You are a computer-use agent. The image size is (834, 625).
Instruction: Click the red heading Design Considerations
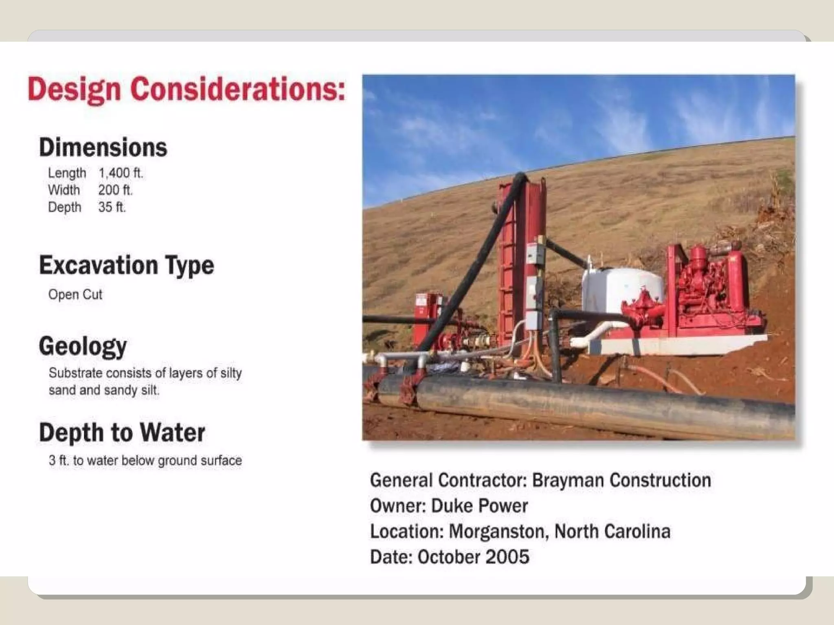pos(186,90)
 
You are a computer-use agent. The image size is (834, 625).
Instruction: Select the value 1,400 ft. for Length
pos(121,173)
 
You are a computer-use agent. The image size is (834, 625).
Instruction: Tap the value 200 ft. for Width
pos(115,190)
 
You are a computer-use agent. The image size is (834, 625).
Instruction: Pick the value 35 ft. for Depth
pos(112,207)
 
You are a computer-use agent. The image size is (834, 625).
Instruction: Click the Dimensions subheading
pos(103,147)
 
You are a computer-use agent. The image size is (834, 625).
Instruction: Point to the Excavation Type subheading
pos(126,265)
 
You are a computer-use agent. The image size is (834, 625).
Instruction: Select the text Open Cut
pos(75,294)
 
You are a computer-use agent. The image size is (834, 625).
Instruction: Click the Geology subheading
pos(83,346)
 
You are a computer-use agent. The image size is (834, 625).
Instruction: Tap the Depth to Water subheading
pos(122,432)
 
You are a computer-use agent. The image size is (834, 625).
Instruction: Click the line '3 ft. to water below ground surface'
pos(145,461)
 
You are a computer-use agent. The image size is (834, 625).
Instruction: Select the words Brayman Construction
pos(621,480)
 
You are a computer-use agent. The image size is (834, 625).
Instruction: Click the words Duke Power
pos(479,506)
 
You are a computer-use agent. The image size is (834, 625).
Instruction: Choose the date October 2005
pos(474,557)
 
